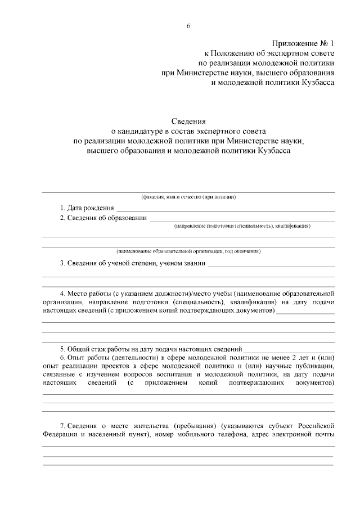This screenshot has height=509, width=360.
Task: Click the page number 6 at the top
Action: pyautogui.click(x=189, y=25)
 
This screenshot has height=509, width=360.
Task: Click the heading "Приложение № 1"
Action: pyautogui.click(x=303, y=43)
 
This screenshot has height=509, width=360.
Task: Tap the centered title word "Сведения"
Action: pyautogui.click(x=189, y=121)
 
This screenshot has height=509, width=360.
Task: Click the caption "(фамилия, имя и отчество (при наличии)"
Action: pyautogui.click(x=188, y=197)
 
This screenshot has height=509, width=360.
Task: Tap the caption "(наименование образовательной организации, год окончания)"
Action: pyautogui.click(x=188, y=251)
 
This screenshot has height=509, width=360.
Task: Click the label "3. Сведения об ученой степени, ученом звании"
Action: pyautogui.click(x=132, y=263)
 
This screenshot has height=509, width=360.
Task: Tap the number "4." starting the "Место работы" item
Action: pyautogui.click(x=63, y=294)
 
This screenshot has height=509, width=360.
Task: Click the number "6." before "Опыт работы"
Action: pyautogui.click(x=63, y=358)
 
